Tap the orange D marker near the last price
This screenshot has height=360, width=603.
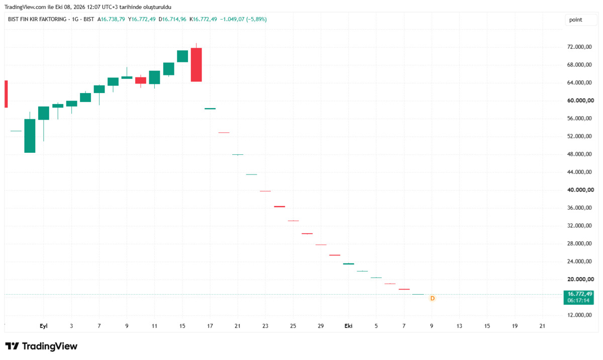(x=432, y=298)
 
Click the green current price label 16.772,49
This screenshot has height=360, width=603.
(x=578, y=297)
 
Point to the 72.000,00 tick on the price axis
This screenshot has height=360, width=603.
(x=579, y=47)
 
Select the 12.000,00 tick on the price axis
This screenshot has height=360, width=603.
(x=579, y=315)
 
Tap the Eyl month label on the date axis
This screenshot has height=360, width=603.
(x=44, y=326)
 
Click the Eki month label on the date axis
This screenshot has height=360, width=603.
(x=348, y=326)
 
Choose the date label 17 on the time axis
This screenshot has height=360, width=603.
(x=210, y=326)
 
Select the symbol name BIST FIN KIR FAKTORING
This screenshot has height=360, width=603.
(x=37, y=20)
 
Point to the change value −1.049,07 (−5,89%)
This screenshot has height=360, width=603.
(x=243, y=20)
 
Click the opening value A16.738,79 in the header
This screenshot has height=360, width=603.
(x=111, y=20)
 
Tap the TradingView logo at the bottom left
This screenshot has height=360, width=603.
(x=41, y=346)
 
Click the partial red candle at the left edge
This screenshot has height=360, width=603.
(x=6, y=94)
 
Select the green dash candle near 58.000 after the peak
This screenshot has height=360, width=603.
(x=210, y=109)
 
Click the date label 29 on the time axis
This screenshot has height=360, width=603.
(x=321, y=326)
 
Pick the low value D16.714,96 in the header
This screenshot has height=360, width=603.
(x=172, y=20)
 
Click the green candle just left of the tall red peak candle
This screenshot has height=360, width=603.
(x=182, y=56)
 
